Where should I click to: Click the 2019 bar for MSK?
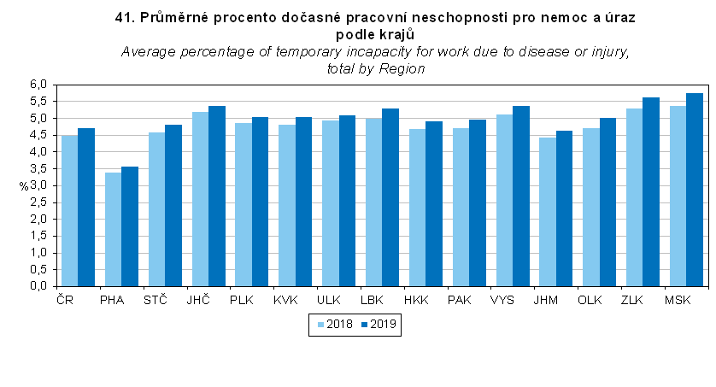pos(695,190)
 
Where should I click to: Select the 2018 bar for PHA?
pos(114,230)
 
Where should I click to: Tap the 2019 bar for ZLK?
pos(651,192)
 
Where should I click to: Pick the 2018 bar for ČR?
pos(69,211)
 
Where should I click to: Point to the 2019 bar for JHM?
pos(564,208)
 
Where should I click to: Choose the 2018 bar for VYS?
pos(505,201)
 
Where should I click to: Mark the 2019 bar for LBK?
pos(390,197)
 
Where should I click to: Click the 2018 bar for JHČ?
pos(201,199)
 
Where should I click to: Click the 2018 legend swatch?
pos(320,325)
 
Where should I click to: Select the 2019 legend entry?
pos(379,325)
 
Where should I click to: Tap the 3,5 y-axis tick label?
pos(38,169)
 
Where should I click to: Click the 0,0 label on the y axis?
pos(38,286)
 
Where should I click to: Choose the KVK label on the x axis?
pos(285,301)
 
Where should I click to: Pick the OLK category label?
pos(590,301)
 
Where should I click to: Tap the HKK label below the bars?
pos(416,301)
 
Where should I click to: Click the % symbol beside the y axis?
pos(24,186)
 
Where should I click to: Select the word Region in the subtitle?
pos(402,69)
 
